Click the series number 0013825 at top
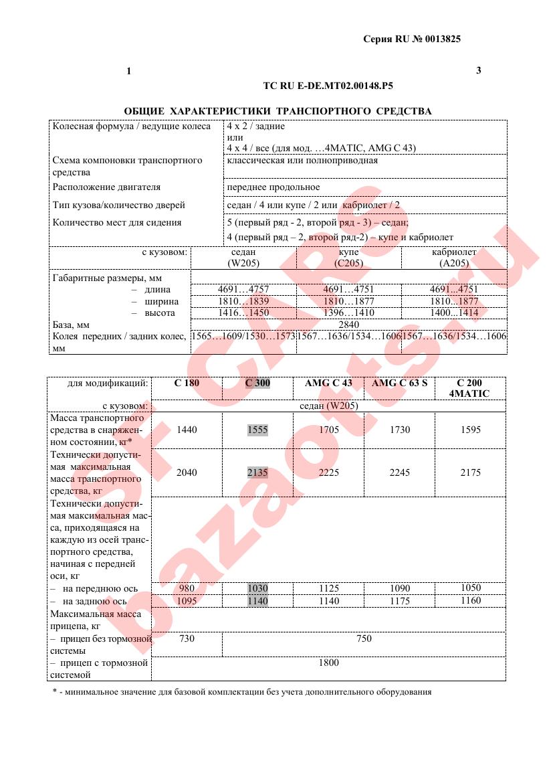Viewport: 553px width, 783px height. tap(441, 39)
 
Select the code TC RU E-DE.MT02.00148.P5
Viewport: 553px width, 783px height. tap(328, 86)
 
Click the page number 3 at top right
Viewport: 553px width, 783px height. tap(478, 70)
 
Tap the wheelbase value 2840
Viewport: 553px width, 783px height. tap(349, 325)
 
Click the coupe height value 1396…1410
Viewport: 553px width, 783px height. tap(349, 313)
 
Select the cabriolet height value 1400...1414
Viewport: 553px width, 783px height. tap(454, 313)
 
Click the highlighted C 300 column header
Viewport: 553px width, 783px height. tap(257, 383)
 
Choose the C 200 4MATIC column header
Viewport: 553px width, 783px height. tap(469, 388)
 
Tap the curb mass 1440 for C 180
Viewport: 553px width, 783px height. tap(187, 430)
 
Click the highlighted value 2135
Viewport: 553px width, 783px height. tap(257, 472)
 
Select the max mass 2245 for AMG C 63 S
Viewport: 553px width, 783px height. tap(399, 472)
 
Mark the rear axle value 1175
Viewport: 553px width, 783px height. tap(399, 601)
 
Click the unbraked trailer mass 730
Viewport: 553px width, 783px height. tap(187, 638)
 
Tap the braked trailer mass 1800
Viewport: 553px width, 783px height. tap(329, 663)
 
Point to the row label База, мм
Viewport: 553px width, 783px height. tap(71, 325)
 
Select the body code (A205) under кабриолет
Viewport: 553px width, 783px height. tap(454, 264)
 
